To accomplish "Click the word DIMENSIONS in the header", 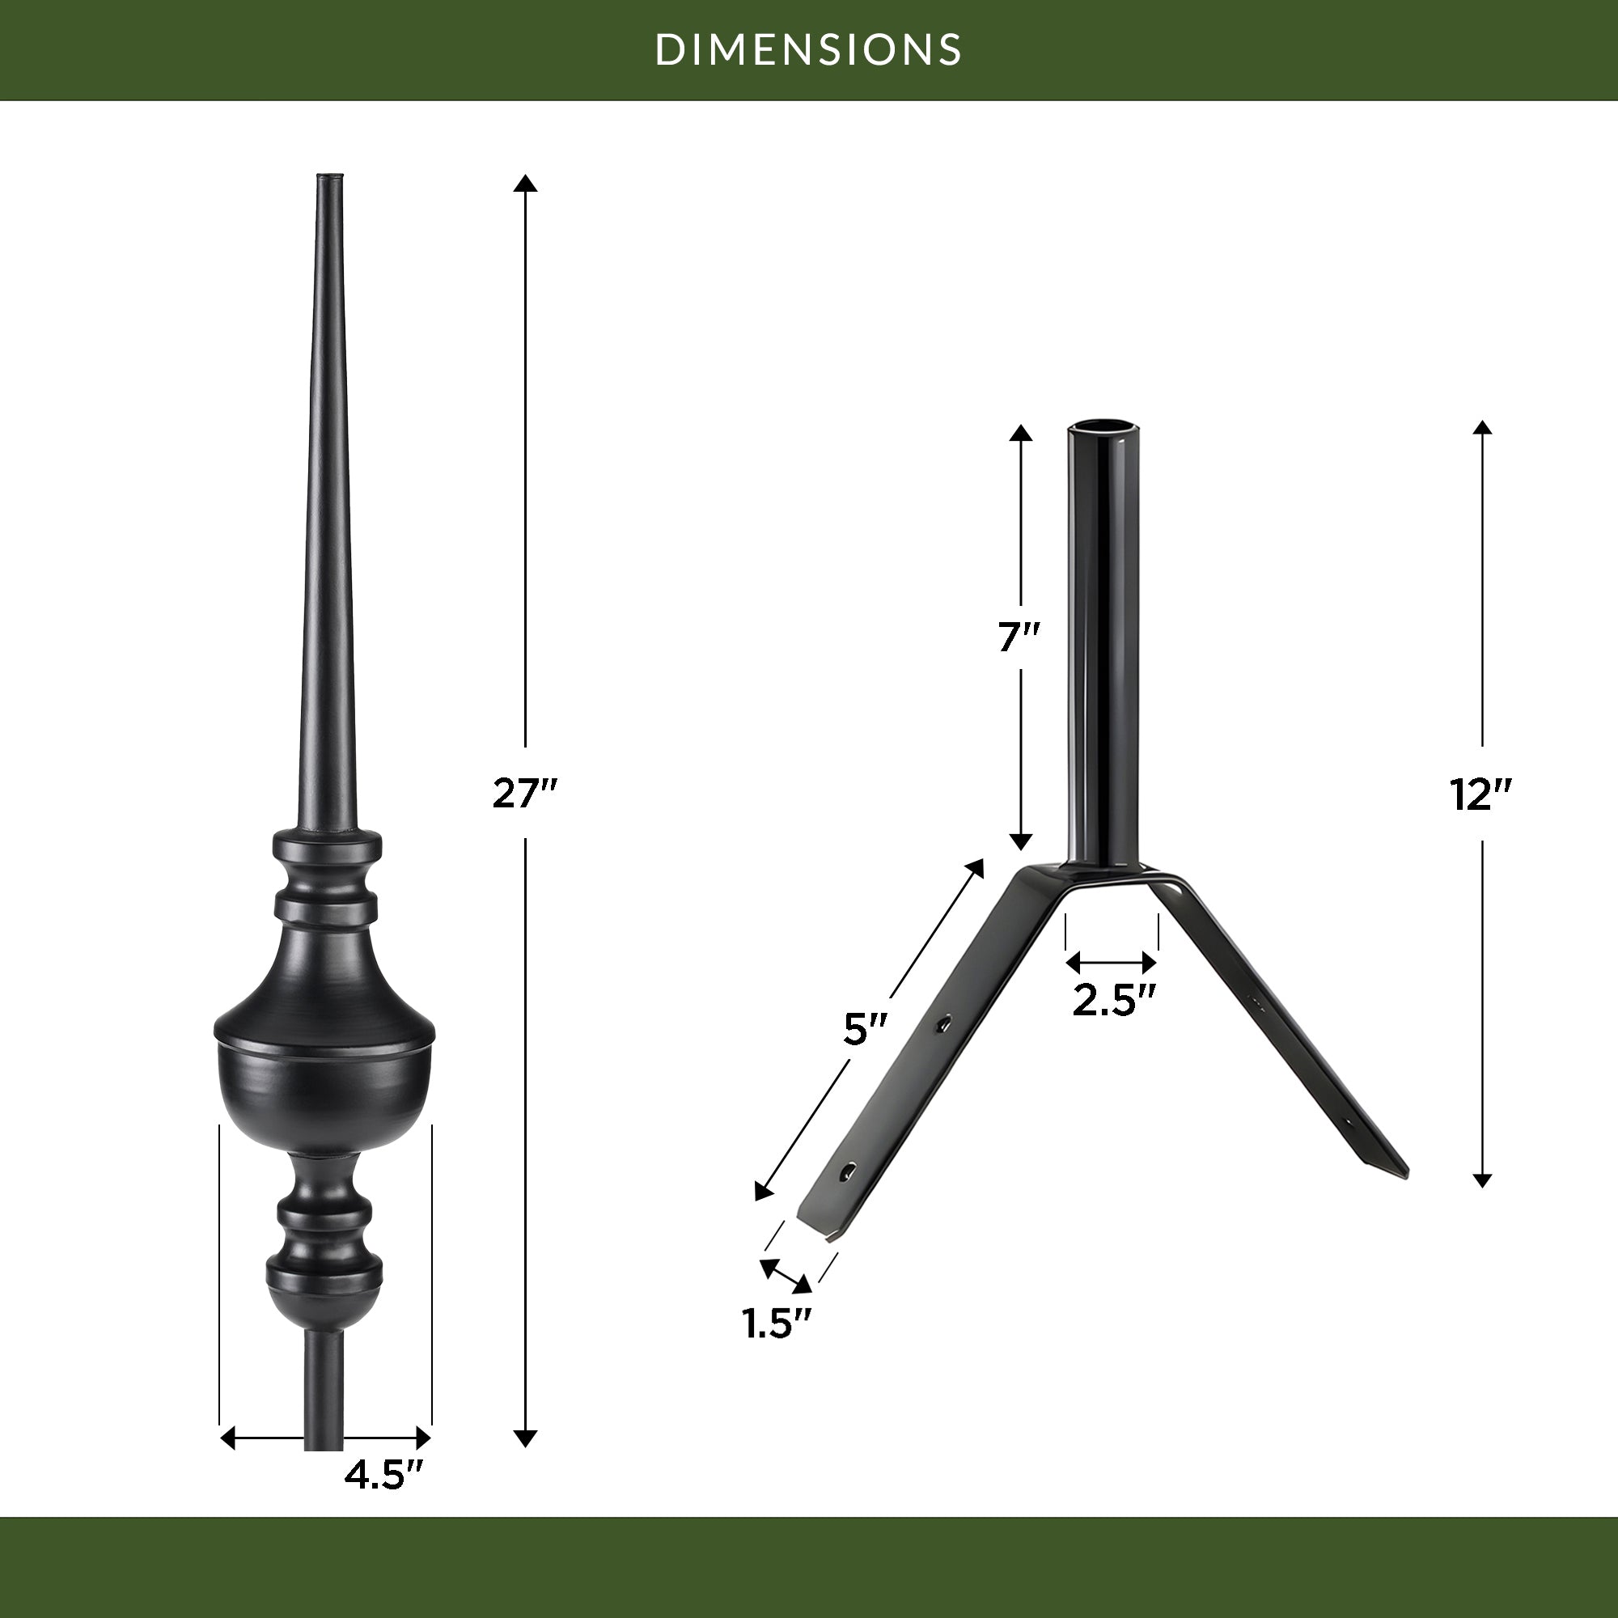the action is click(808, 49).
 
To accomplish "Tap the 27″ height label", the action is click(524, 793).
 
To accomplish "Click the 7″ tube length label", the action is click(1019, 638).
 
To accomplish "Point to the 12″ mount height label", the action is click(1481, 794).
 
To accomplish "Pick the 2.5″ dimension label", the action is click(1114, 1000).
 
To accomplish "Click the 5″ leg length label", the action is click(864, 1029).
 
